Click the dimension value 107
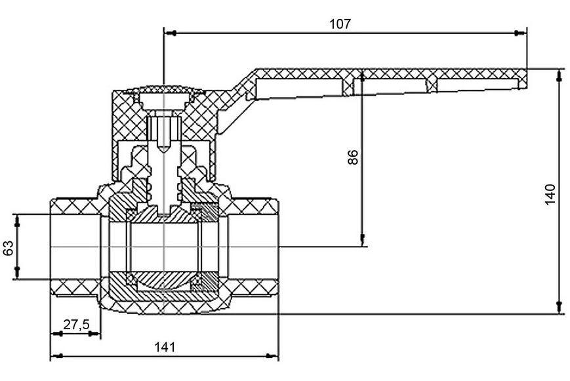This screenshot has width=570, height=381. (340, 24)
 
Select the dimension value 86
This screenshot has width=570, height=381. (353, 157)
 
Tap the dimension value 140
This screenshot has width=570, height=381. (550, 195)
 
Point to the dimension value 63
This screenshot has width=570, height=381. (9, 248)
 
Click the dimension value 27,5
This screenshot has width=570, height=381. (76, 325)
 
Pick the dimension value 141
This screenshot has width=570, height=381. (165, 347)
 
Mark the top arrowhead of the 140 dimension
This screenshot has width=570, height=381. (559, 75)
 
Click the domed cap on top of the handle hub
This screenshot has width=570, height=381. (165, 89)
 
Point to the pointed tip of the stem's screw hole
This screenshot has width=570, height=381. (165, 151)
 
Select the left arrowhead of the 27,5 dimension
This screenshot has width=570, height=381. (56, 333)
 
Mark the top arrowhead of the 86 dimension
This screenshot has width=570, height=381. (363, 75)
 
